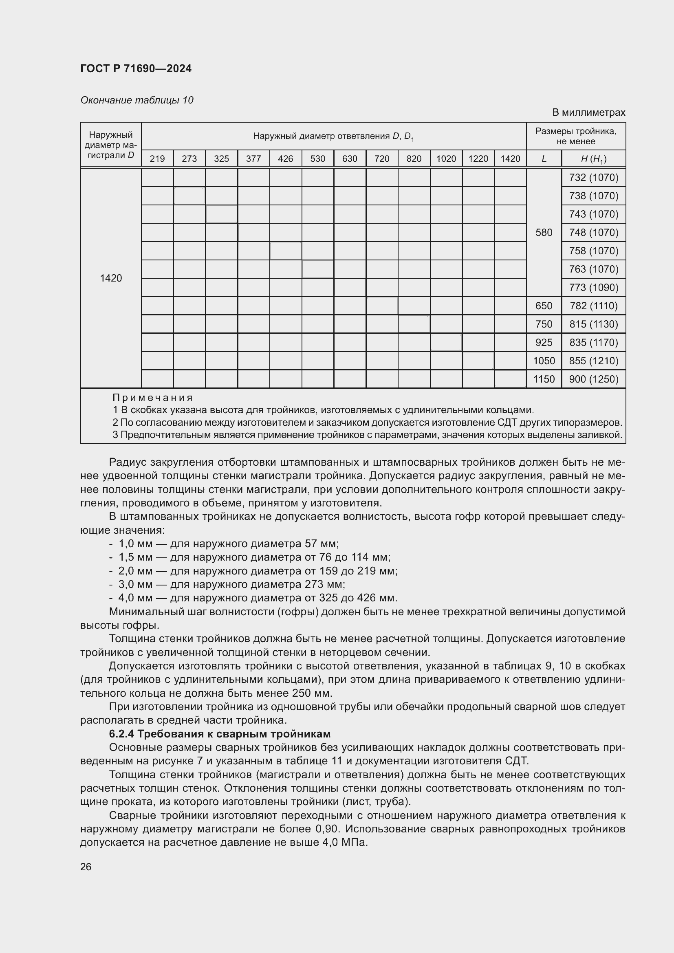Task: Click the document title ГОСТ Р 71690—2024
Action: [136, 68]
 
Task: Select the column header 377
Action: [253, 158]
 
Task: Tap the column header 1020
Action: [446, 158]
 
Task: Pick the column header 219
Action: [157, 158]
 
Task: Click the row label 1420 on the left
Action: [111, 278]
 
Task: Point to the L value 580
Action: [544, 232]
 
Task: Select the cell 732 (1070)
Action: [593, 178]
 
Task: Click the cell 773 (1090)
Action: [593, 287]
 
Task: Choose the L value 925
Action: [544, 342]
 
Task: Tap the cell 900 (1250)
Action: [593, 379]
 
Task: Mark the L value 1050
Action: [544, 361]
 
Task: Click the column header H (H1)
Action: [593, 158]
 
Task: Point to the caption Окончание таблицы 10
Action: [137, 100]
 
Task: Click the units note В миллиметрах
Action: [588, 112]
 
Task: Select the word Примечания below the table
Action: [152, 398]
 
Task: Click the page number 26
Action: [86, 867]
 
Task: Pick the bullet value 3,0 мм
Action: [135, 584]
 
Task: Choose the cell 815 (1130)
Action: [593, 324]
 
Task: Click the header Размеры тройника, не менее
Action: [576, 136]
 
